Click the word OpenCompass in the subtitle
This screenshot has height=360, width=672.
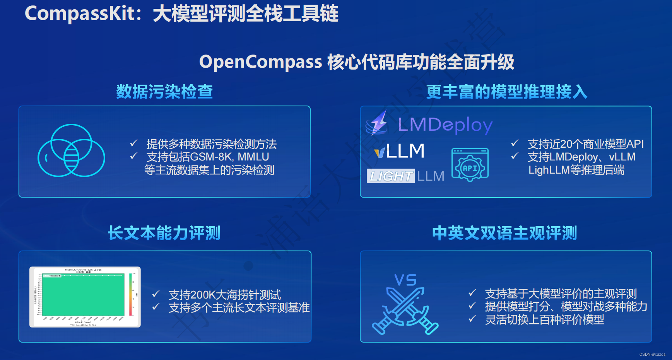261,62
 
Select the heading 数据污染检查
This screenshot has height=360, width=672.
164,92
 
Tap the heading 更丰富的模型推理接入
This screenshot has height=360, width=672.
507,92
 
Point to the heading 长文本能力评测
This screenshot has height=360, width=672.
164,233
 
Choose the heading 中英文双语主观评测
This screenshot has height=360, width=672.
504,233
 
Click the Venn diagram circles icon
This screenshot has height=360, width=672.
71,151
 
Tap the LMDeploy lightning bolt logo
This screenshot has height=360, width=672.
378,123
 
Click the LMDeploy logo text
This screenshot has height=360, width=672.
445,125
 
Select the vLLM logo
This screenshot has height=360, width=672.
399,151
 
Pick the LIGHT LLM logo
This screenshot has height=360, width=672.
405,176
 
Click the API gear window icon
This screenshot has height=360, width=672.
470,165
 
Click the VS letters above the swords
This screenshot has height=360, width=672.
405,280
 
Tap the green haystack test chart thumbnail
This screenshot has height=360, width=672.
85,297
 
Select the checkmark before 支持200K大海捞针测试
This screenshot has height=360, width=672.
156,294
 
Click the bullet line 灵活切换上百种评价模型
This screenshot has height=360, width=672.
544,320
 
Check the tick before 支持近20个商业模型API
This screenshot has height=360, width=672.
515,143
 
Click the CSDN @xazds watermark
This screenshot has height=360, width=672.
652,354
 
